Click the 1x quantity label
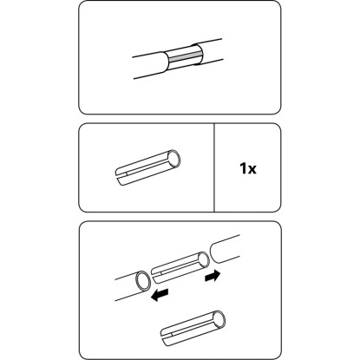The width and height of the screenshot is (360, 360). point(248,168)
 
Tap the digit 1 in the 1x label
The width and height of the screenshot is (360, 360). point(243,168)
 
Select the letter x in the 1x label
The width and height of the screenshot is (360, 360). point(252,170)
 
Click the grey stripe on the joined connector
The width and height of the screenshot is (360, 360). point(185,57)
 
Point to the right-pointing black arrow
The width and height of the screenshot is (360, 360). point(213,276)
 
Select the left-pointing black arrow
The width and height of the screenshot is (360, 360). point(160,296)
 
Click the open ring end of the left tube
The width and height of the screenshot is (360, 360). point(143,281)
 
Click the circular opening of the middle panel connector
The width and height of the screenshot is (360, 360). point(174,159)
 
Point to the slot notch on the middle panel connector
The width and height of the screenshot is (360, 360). point(122,174)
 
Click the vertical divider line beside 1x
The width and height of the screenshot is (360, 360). point(214,167)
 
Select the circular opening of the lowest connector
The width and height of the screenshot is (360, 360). point(219,320)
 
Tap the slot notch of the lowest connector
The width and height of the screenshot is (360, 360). point(167,336)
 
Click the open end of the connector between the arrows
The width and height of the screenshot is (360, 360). point(204,261)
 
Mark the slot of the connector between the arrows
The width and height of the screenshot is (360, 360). point(158,273)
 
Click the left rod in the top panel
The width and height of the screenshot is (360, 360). point(150,66)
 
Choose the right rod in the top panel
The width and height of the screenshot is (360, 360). point(208,52)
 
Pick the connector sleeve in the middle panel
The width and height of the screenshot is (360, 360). point(147,168)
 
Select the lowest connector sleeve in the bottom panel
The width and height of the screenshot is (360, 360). point(193,329)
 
